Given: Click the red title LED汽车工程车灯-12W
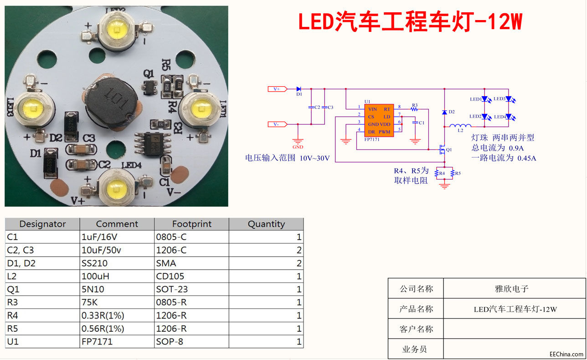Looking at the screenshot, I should coord(410,22).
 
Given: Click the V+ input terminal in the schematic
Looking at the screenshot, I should coord(277,89).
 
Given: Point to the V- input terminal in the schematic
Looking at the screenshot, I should coord(277,124).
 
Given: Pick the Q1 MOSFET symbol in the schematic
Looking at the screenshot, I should coord(441,149).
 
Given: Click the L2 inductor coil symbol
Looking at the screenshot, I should coord(460,126).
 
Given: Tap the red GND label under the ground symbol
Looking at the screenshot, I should coord(298,147).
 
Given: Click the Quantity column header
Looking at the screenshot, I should coord(266,224).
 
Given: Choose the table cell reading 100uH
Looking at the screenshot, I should coord(96,276).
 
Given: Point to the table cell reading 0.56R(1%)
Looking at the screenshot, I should coord(103,329).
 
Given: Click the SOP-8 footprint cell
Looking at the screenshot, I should coord(170,341).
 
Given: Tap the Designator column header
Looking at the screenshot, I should coord(42,224).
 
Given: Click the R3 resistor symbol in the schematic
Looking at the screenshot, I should coord(414,109).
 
